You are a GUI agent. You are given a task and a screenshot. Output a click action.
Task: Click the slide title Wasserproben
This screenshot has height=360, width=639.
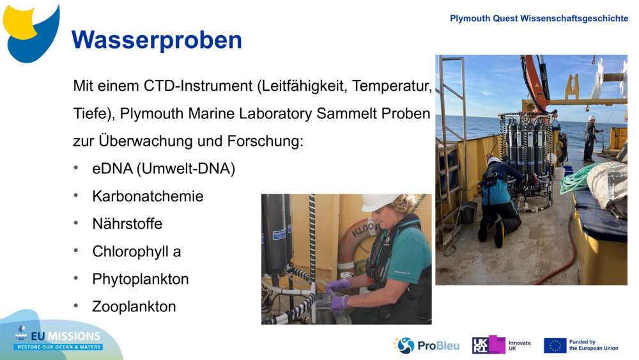point(157,40)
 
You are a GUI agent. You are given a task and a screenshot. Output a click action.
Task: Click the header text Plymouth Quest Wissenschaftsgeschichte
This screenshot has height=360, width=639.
point(539,19)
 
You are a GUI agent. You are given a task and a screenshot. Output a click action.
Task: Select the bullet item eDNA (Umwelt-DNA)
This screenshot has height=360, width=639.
point(164,169)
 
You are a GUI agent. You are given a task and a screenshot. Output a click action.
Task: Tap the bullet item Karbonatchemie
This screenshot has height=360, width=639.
point(148,196)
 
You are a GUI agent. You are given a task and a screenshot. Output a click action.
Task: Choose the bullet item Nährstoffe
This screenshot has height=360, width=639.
point(127,224)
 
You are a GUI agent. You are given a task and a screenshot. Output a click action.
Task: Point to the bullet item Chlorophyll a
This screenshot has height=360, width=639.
point(137,251)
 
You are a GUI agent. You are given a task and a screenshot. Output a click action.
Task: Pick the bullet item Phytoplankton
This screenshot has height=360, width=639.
point(141,279)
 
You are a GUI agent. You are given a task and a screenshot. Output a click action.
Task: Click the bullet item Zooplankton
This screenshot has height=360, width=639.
point(134,306)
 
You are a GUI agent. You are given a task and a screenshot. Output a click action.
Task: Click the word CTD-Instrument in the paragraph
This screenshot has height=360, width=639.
point(198,86)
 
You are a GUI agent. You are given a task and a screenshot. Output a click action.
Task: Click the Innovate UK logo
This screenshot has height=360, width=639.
point(501,345)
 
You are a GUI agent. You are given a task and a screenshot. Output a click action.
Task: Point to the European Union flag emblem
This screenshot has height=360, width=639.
point(555,345)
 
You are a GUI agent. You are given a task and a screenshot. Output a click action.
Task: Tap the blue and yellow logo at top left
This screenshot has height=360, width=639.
point(31,32)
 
